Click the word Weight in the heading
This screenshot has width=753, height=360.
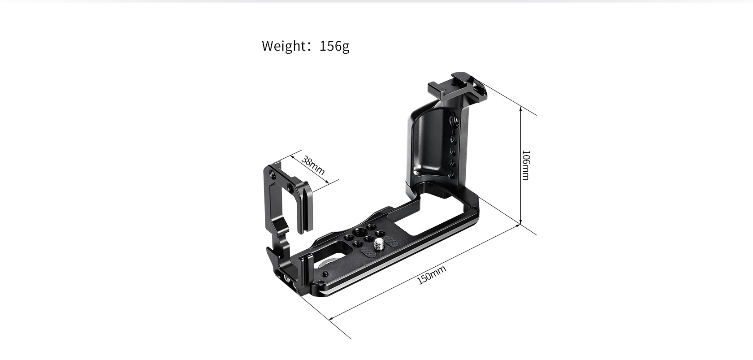[283, 46]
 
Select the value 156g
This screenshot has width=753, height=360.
[334, 46]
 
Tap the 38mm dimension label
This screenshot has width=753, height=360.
[313, 165]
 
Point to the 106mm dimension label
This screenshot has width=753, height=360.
[525, 165]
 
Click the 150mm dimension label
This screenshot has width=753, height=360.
[431, 275]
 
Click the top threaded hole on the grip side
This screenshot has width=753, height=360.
[457, 119]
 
